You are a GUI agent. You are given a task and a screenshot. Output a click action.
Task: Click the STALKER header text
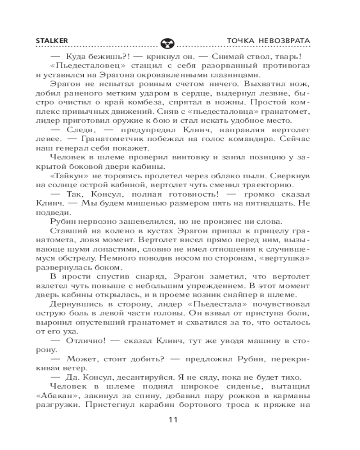(x=52, y=41)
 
